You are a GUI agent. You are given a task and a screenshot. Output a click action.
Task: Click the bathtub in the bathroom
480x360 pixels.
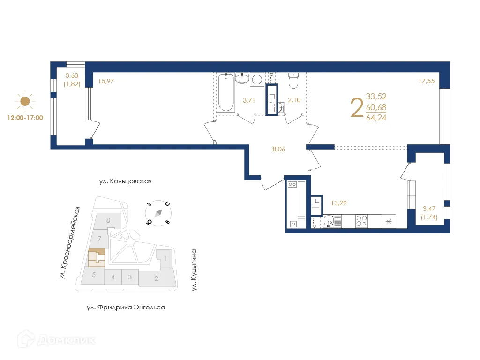(x=226, y=93)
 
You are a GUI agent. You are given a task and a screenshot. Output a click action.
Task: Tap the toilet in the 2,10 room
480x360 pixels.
(x=294, y=81)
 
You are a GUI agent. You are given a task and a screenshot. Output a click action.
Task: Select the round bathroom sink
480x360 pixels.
(x=242, y=78)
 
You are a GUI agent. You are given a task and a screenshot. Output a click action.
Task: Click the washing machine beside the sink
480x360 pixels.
(x=257, y=79)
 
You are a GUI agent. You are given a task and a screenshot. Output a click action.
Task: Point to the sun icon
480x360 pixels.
(x=25, y=101)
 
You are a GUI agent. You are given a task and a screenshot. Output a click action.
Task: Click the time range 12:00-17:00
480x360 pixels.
(x=25, y=118)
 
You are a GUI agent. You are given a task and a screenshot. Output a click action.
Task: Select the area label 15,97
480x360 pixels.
(x=106, y=81)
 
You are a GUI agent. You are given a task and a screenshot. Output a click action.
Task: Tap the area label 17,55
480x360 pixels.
(x=426, y=81)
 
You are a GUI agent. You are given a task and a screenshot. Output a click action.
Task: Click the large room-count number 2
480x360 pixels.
(x=357, y=107)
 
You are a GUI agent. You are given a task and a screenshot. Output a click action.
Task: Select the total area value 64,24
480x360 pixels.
(x=376, y=118)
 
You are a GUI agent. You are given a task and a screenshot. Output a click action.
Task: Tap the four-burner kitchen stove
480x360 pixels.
(x=361, y=221)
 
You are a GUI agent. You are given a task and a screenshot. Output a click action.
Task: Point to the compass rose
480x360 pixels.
(x=158, y=213)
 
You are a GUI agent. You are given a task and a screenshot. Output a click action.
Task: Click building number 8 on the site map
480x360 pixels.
(x=108, y=220)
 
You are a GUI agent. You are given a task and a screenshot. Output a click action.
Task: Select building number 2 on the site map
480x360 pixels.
(x=157, y=278)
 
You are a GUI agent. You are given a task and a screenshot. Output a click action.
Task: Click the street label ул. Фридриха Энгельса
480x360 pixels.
(x=126, y=307)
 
